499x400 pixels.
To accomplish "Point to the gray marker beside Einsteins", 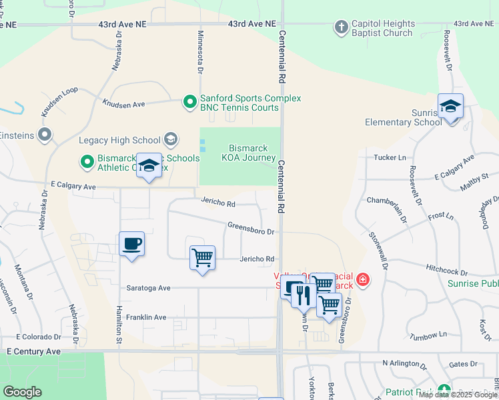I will pyautogui.click(x=45, y=135).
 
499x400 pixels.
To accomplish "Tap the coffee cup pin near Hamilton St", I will pyautogui.click(x=131, y=244).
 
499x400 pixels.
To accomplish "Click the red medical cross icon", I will pyautogui.click(x=362, y=279).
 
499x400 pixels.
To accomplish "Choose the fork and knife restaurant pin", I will pyautogui.click(x=304, y=294).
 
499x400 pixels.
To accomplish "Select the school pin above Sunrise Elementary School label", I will pyautogui.click(x=450, y=107).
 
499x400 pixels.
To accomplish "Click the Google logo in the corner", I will pyautogui.click(x=22, y=392).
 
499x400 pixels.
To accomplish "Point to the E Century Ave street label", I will pyautogui.click(x=33, y=351).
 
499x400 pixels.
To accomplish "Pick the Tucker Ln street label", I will pyautogui.click(x=390, y=157).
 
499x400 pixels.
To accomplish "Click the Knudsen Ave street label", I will pyautogui.click(x=123, y=104).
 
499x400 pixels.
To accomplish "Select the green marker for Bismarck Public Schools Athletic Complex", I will pyautogui.click(x=87, y=161).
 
